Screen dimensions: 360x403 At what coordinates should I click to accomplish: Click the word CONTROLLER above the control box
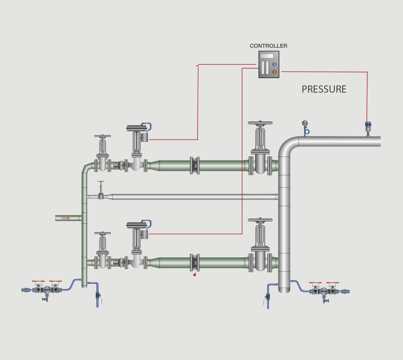click(x=268, y=46)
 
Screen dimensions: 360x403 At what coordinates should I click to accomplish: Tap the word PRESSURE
click(x=324, y=89)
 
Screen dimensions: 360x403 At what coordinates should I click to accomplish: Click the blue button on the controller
click(x=274, y=64)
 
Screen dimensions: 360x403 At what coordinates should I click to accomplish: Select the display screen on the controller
click(x=267, y=56)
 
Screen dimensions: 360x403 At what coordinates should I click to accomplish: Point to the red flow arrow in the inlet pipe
click(x=66, y=218)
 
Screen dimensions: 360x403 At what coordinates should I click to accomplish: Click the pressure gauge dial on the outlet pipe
click(x=305, y=123)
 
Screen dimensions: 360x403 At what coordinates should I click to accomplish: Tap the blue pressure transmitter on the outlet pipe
click(x=368, y=125)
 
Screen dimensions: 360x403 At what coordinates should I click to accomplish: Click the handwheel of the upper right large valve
click(x=260, y=123)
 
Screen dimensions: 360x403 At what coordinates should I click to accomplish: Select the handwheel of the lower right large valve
click(x=260, y=220)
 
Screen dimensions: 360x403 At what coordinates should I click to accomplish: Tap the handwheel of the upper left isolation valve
click(x=102, y=136)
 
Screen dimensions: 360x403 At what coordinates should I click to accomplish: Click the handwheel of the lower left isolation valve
click(x=102, y=233)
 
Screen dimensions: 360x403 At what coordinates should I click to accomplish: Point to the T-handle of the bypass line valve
click(x=101, y=182)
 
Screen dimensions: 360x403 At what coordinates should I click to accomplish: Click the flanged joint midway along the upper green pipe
click(x=195, y=166)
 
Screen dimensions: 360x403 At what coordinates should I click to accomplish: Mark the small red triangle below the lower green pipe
click(x=195, y=275)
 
